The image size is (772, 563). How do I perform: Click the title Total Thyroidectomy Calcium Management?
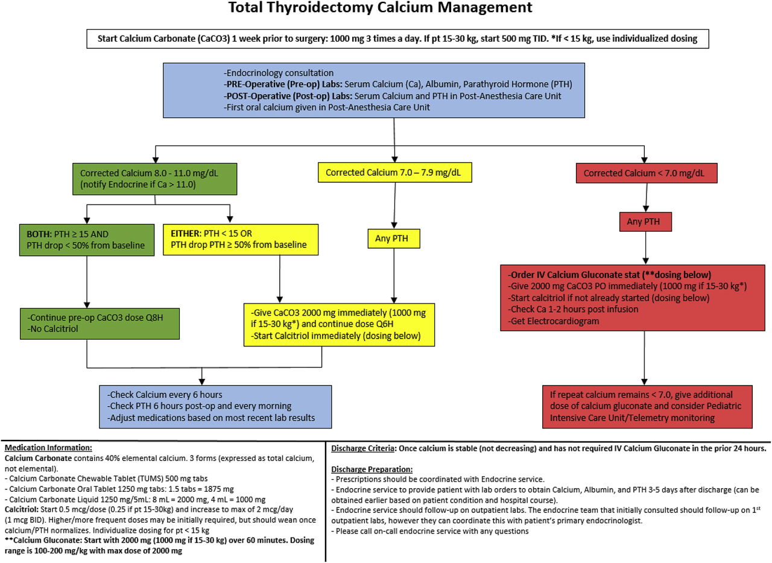coord(381,8)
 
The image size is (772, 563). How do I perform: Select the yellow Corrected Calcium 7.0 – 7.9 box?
coord(394,173)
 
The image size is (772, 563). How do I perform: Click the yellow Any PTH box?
coord(393,240)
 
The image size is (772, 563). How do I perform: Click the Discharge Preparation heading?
coord(372,469)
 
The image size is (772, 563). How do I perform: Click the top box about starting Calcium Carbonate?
coord(397,39)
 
